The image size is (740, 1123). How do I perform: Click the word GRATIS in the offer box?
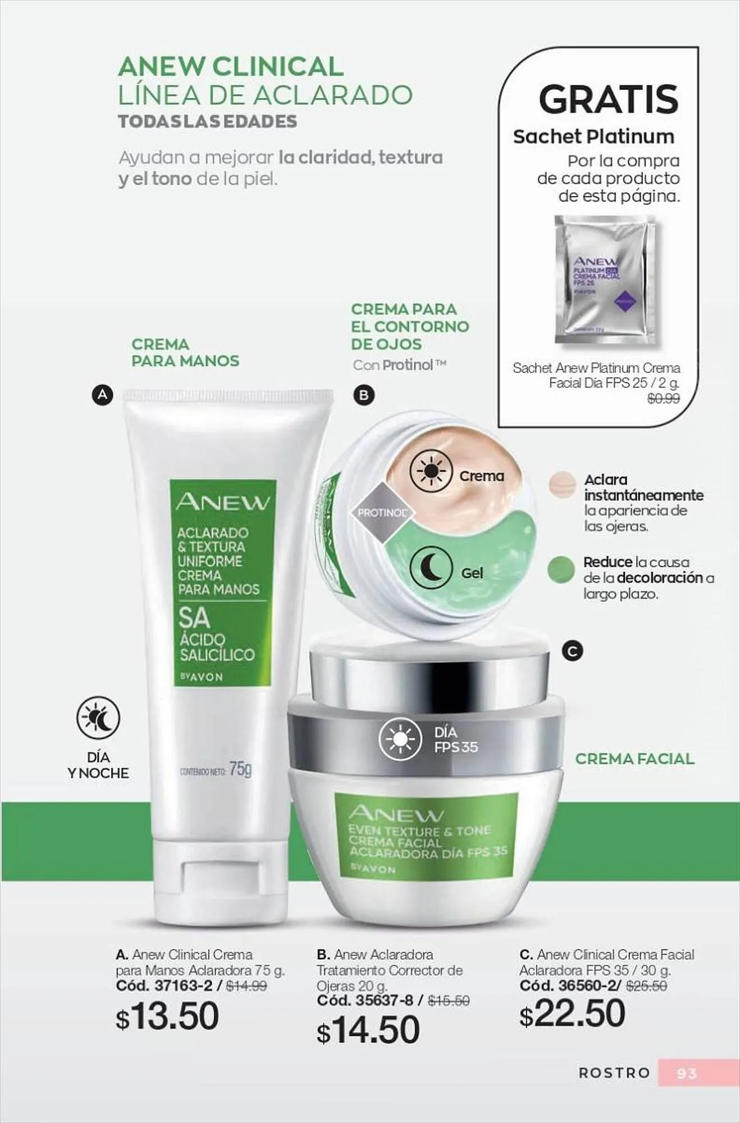609,99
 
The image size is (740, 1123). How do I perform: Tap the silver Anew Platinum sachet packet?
605,280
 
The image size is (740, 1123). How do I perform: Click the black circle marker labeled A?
102,395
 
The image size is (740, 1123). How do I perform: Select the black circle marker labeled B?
363,395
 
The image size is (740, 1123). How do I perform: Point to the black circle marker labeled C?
573,651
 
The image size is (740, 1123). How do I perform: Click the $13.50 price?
167,1016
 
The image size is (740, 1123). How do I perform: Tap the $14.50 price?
368,1030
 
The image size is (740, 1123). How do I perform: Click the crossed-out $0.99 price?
663,399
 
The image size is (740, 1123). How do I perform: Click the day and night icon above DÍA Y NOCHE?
98,718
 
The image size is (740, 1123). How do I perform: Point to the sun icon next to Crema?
431,471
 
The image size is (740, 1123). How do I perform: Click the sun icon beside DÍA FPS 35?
400,739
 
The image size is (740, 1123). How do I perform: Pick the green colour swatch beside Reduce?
561,570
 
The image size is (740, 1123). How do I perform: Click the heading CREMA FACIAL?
634,759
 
